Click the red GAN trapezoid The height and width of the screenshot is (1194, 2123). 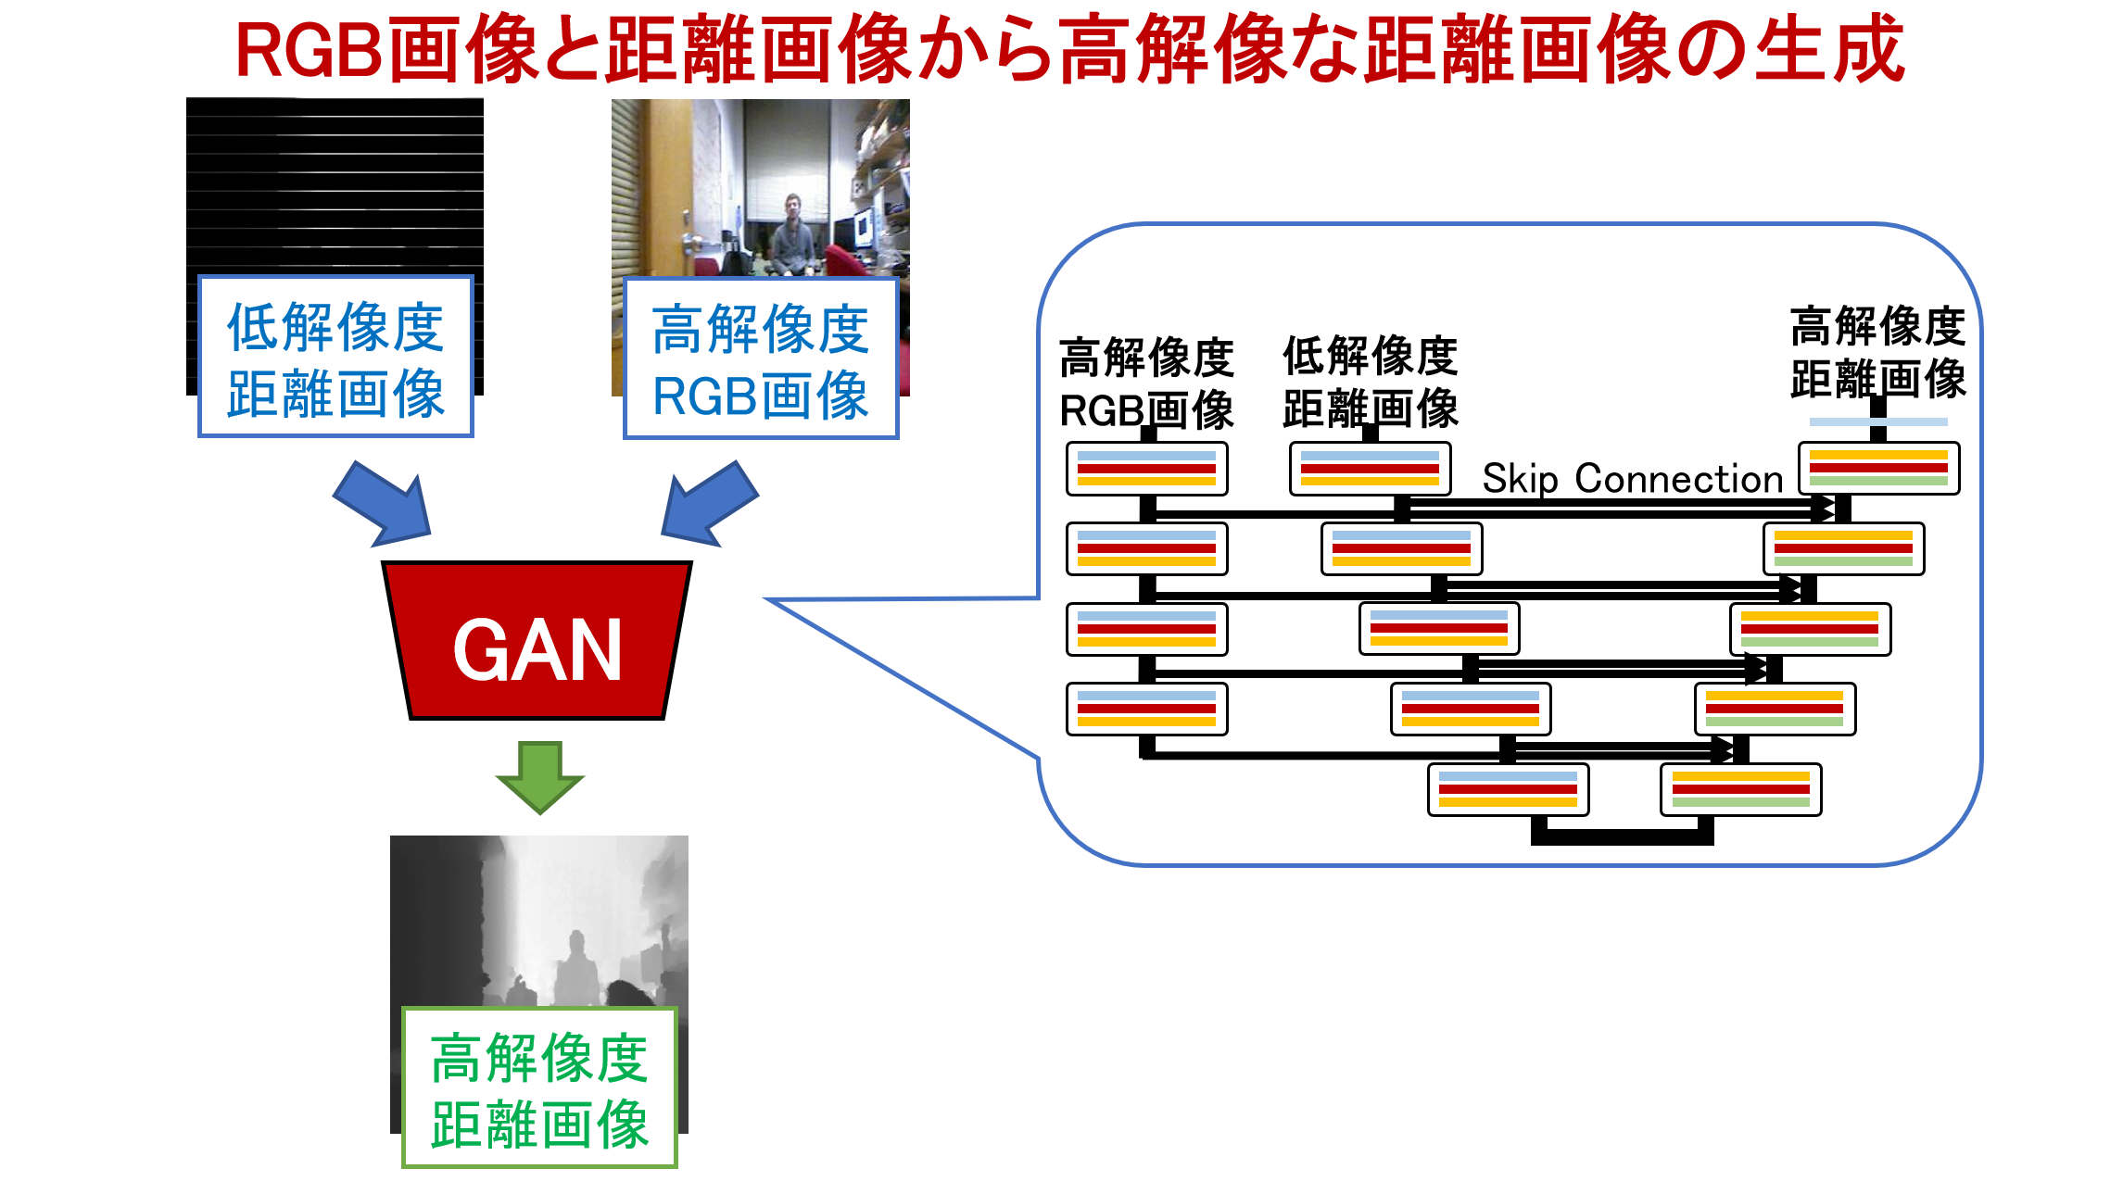point(537,640)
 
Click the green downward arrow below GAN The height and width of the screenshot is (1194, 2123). point(540,777)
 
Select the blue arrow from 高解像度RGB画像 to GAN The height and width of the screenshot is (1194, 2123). point(709,503)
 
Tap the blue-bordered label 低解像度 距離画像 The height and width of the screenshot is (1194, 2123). point(335,357)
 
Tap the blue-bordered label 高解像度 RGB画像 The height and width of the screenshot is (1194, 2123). point(761,358)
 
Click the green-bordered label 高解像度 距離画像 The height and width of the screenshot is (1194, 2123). point(539,1087)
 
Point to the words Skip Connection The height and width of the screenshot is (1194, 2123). point(1633,479)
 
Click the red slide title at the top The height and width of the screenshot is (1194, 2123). point(1070,48)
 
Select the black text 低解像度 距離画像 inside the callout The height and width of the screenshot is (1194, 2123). point(1371,382)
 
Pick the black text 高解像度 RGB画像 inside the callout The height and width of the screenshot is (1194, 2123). point(1146,383)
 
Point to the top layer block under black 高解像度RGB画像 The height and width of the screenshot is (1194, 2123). point(1147,469)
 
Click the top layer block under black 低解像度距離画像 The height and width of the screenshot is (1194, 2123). point(1371,469)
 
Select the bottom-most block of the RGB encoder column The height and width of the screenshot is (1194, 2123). point(1147,710)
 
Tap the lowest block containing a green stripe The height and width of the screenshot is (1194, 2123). point(1741,790)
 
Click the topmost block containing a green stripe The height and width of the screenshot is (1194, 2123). point(1878,469)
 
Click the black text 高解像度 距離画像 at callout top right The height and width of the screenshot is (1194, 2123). point(1878,352)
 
